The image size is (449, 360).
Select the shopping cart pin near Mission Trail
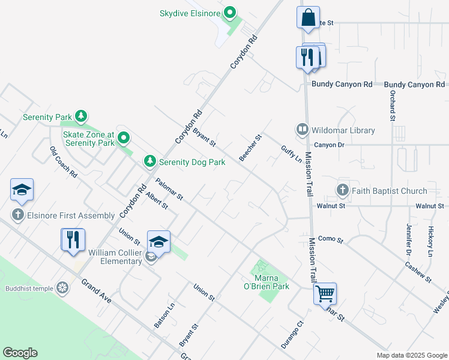coord(325,294)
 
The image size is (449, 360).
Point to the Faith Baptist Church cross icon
coord(343,191)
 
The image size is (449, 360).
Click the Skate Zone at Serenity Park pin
coord(124,139)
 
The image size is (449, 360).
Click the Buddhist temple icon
coord(62,288)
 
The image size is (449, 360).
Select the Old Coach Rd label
coord(64,162)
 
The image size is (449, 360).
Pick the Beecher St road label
coord(251,148)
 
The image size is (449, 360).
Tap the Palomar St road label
coord(169,189)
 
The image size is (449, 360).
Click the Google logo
coord(20,353)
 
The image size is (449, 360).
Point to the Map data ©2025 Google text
coord(411,355)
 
